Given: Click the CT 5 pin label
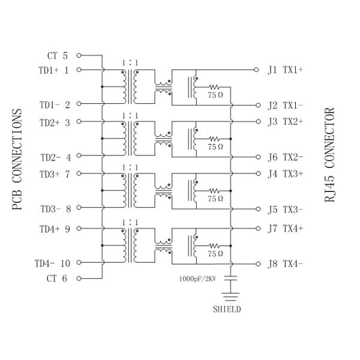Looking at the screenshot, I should pos(58,56).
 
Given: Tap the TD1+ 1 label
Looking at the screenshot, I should pos(54,70).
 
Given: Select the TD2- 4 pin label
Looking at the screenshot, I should pos(55,158).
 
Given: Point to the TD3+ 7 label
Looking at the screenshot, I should pos(54,174).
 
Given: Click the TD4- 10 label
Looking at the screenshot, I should pos(52,263).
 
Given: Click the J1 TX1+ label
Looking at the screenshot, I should pos(285,70).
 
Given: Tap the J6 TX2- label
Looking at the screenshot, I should pos(285,158).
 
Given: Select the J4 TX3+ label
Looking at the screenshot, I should pos(285,174).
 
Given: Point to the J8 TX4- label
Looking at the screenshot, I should pos(285,263).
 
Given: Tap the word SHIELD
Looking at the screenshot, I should pos(227,310).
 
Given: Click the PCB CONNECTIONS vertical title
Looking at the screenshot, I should pos(17,160).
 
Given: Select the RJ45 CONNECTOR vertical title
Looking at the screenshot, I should pos(330,155).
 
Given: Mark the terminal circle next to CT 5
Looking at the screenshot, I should pos(79,56).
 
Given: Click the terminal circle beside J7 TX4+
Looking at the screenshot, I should pos(257,229).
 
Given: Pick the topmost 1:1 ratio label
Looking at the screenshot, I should pos(129,62).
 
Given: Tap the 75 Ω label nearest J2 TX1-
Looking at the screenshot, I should pos(215,94).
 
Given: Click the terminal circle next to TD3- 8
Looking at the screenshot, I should pos(79,209).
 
